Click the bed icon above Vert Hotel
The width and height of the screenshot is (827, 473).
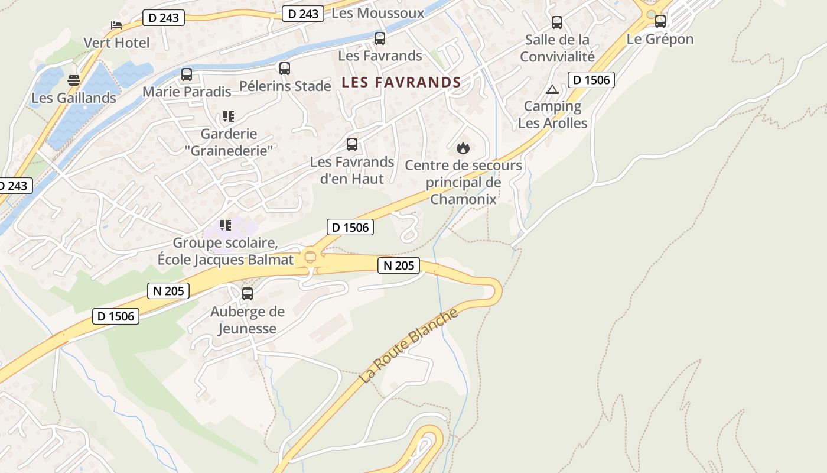[x=116, y=25]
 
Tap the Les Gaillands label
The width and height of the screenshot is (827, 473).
[x=74, y=98]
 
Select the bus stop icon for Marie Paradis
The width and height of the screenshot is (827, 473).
[x=187, y=74]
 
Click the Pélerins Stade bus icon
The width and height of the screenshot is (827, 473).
[x=285, y=69]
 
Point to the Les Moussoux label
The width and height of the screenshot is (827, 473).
[x=378, y=13]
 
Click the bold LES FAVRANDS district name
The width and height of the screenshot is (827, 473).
[x=401, y=82]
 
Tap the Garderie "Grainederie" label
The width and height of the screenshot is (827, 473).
[x=229, y=142]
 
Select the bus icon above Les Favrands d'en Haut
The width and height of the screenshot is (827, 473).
[x=352, y=144]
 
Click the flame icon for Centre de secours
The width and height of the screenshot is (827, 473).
[x=463, y=148]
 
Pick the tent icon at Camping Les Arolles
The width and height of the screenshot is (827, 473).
[x=552, y=89]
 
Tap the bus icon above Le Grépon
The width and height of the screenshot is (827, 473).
[x=660, y=21]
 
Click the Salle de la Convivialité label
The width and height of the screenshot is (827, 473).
[x=557, y=48]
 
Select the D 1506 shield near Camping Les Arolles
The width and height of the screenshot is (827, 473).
[x=591, y=80]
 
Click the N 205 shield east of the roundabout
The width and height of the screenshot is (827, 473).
[x=399, y=265]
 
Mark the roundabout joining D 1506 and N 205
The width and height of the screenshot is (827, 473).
[x=310, y=256]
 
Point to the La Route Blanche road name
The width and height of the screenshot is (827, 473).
[x=409, y=345]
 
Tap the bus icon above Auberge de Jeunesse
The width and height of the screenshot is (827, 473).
[x=248, y=293]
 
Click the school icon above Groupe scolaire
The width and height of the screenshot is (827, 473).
[x=225, y=225]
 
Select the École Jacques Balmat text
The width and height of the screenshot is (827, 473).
[x=225, y=260]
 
